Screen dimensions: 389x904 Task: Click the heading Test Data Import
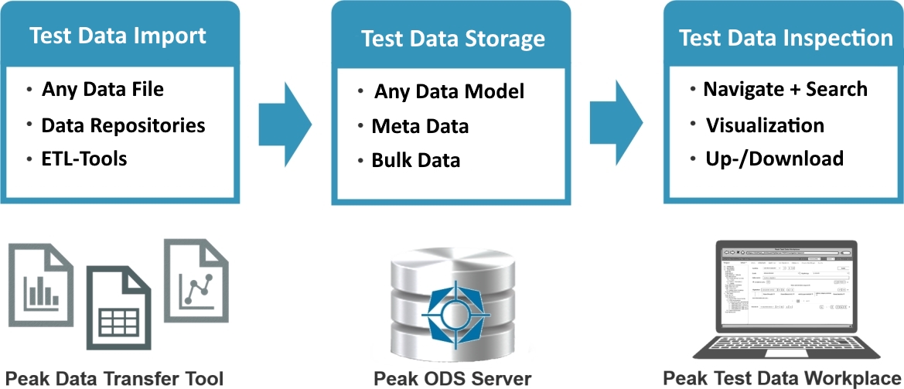(118, 36)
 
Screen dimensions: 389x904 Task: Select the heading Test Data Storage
(452, 39)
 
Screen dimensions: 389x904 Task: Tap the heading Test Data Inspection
(786, 38)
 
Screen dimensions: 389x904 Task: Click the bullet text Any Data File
(102, 89)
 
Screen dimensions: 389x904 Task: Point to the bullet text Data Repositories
(123, 125)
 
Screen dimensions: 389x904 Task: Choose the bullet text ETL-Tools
(84, 159)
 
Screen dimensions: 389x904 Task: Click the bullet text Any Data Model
(449, 91)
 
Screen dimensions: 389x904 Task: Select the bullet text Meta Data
(420, 125)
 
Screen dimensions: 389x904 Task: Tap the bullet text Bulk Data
(415, 160)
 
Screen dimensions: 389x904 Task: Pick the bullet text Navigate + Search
(785, 89)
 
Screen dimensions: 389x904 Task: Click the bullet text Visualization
(765, 125)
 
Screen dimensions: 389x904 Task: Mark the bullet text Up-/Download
(774, 159)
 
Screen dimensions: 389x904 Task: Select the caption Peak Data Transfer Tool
(114, 378)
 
